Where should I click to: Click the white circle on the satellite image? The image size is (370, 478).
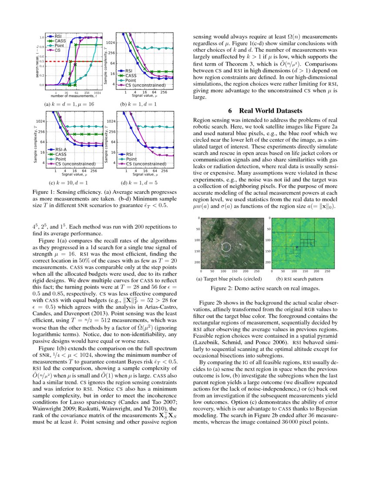pos(226,247)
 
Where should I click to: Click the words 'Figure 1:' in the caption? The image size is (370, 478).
pos(45,192)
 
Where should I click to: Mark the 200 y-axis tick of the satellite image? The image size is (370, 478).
pos(197,262)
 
